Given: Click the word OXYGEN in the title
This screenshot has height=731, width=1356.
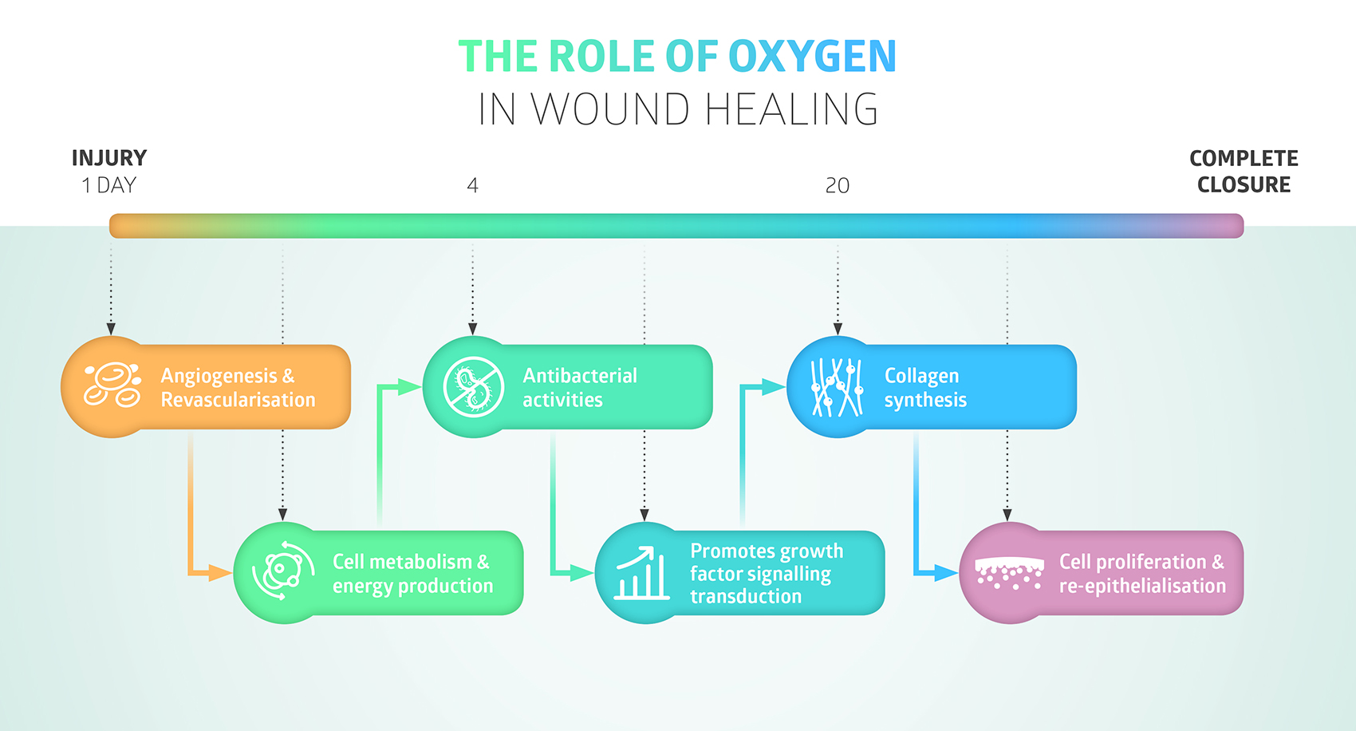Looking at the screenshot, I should point(812,57).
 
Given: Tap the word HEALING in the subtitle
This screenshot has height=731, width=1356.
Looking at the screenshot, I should point(791,109).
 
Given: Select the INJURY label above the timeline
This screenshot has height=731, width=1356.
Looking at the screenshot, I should point(109,158).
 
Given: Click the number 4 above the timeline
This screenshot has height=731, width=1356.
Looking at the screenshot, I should point(472,186).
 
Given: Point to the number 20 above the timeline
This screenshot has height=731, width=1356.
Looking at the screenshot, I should point(837,186).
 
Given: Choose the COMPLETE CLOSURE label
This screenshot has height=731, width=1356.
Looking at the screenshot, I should point(1244,172).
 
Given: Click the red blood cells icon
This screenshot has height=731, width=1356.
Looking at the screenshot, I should point(112,386).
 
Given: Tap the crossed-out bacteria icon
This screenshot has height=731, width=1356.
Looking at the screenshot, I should point(474,387).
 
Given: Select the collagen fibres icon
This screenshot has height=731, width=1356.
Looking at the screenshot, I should point(837,387).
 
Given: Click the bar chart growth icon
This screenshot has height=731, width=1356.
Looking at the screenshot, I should point(642,573).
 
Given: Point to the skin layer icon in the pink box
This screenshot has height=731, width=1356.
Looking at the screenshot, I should point(1009,573).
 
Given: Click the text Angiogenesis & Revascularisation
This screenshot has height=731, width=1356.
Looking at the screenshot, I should point(238,388).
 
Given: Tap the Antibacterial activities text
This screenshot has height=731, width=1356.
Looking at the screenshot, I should point(580,388).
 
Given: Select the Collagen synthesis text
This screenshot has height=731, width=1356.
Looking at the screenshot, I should point(925,388).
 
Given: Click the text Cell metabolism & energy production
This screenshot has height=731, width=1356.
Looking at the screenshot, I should point(412,574).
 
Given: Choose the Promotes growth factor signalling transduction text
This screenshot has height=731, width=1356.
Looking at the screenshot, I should point(766,574).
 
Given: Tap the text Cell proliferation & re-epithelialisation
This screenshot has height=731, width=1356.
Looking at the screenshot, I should point(1142,574).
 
